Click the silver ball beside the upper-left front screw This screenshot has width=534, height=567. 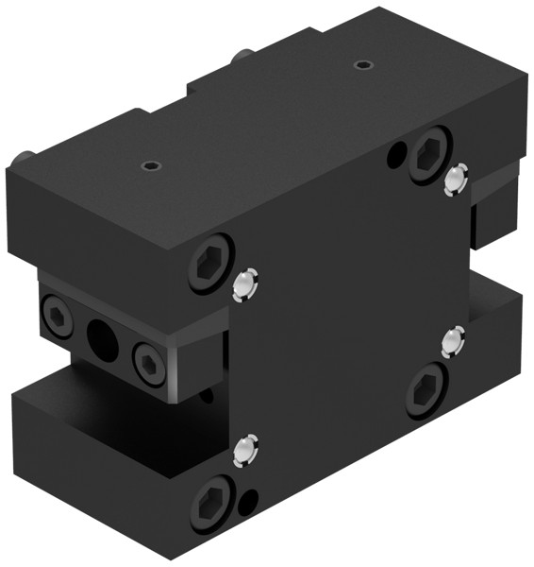click(245, 283)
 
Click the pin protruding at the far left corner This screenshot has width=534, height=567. click(25, 154)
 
